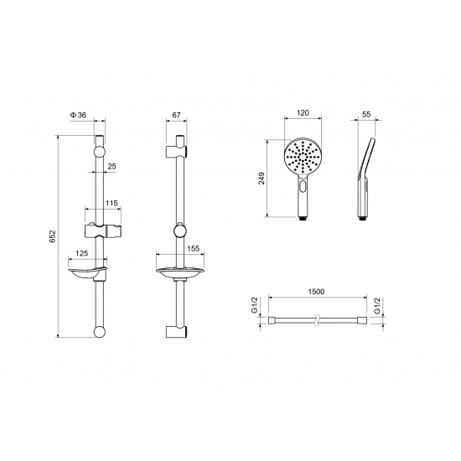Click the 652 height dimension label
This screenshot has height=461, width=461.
(x=53, y=236)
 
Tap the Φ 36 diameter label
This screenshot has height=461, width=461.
(x=78, y=115)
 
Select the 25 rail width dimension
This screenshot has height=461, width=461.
(x=111, y=167)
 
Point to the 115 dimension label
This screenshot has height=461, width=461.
(x=111, y=203)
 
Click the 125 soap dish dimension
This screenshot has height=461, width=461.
(x=82, y=253)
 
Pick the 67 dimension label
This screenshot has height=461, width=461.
(x=176, y=115)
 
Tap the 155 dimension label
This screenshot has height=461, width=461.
(x=193, y=248)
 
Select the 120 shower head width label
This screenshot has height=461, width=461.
(x=303, y=112)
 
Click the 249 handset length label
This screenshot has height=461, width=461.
(x=262, y=179)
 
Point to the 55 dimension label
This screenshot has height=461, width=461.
(x=366, y=114)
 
